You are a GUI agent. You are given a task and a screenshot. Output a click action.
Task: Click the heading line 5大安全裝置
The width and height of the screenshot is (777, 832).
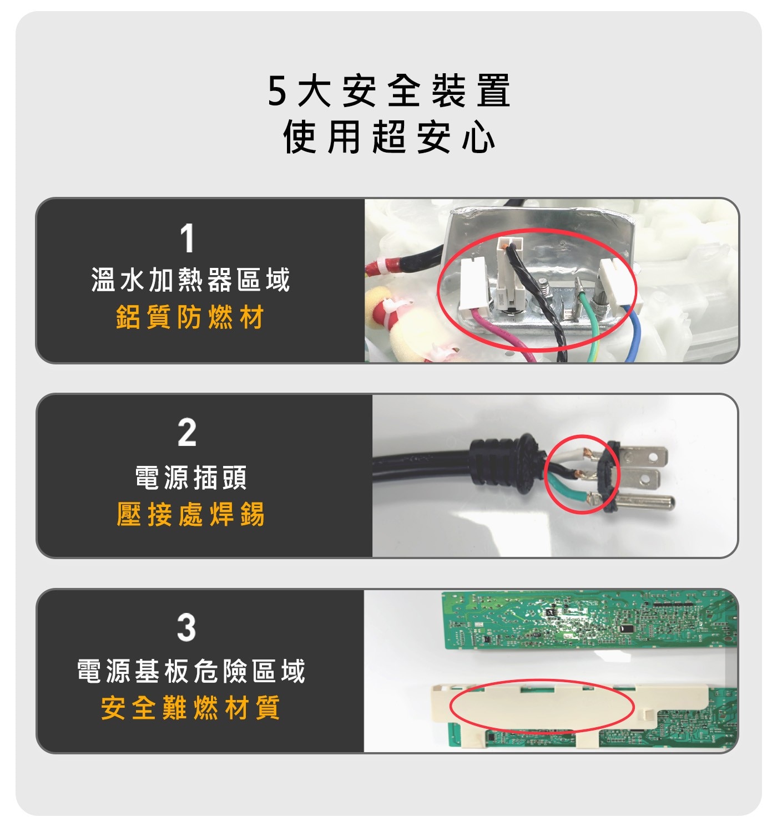[389, 90]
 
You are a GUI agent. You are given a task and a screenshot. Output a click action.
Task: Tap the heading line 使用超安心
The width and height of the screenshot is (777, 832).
[389, 136]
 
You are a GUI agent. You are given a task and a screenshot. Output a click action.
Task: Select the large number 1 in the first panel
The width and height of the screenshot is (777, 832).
[187, 237]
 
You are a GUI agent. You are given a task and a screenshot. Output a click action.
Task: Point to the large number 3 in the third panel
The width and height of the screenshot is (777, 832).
[186, 627]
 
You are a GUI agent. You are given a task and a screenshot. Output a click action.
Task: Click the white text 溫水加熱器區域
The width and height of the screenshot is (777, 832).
[190, 280]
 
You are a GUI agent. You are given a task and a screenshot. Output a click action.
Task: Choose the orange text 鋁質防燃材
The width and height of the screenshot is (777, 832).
[190, 317]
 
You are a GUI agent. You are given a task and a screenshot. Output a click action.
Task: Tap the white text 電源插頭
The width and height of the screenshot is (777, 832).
[191, 477]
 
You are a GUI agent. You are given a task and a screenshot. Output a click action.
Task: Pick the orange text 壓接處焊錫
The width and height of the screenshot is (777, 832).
[190, 514]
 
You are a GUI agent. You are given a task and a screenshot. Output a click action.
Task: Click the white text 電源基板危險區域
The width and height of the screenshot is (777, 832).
[191, 671]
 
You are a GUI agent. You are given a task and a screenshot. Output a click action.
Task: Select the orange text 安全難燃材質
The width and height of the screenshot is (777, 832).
[190, 708]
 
